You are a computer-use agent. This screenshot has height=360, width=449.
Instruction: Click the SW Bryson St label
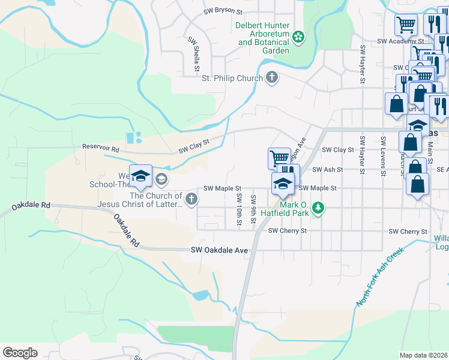pos(223,11)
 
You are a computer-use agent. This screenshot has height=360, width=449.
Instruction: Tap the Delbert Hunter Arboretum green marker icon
pos(298,38)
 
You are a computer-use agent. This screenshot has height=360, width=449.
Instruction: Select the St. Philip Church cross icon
pos(272,77)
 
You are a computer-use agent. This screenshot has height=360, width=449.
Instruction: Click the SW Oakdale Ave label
pos(219,250)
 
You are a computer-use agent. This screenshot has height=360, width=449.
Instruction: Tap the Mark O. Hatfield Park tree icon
pos(319,208)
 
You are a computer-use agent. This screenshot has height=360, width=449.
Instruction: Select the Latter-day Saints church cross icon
pos(191,199)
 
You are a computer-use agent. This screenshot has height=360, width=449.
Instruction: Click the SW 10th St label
pos(239,209)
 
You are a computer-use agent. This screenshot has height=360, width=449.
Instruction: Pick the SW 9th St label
pos(254,209)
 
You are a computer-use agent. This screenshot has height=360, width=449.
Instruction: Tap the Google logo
pos(20,352)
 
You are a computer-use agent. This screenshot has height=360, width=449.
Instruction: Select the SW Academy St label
pos(397,41)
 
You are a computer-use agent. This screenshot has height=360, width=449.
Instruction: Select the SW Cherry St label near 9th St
pos(288,230)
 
